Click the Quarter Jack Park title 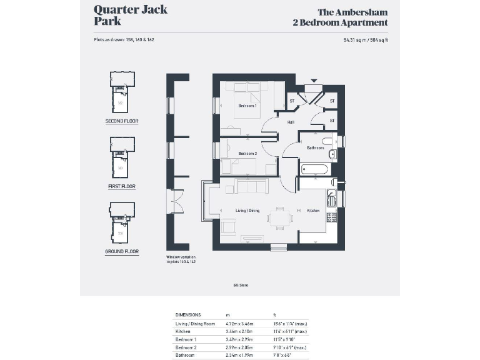[x=130, y=15]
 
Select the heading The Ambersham [x=352, y=12]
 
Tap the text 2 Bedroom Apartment [x=340, y=22]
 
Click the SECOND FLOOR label [x=122, y=121]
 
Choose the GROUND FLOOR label [x=122, y=252]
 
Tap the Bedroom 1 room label [x=247, y=106]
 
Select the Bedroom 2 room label [x=247, y=153]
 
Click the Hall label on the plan [x=291, y=122]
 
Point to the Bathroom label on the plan [x=315, y=148]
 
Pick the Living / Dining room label [x=247, y=211]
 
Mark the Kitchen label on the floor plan [x=313, y=211]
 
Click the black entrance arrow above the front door [x=314, y=81]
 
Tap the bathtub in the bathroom [x=315, y=169]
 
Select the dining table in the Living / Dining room [x=279, y=217]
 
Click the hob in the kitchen [x=331, y=217]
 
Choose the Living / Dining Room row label [x=195, y=324]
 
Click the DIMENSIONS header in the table [x=188, y=314]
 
